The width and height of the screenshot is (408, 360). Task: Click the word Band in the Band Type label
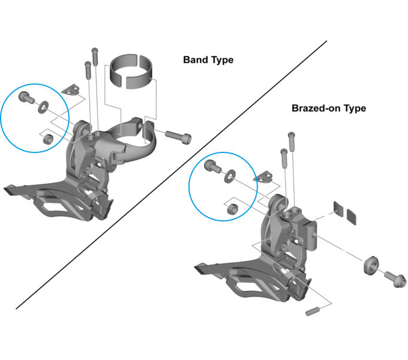click(195, 61)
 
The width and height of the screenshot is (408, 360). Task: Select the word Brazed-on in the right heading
click(316, 109)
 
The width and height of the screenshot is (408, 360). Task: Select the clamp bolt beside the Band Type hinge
click(178, 135)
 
